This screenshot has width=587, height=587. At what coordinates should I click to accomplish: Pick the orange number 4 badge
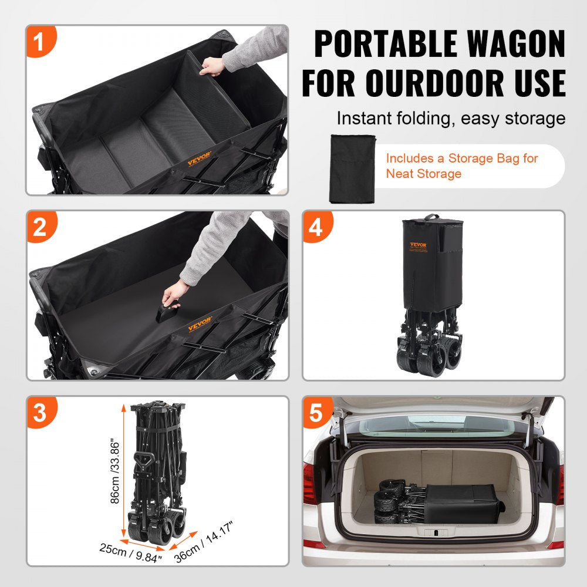click(x=316, y=227)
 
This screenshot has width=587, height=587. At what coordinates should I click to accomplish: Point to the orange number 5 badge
click(x=316, y=413)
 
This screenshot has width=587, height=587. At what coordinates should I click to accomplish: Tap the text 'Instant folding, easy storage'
click(x=450, y=119)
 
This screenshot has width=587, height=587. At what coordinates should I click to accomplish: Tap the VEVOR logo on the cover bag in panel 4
click(x=419, y=245)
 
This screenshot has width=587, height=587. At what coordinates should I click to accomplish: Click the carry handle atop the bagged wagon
click(x=432, y=217)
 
